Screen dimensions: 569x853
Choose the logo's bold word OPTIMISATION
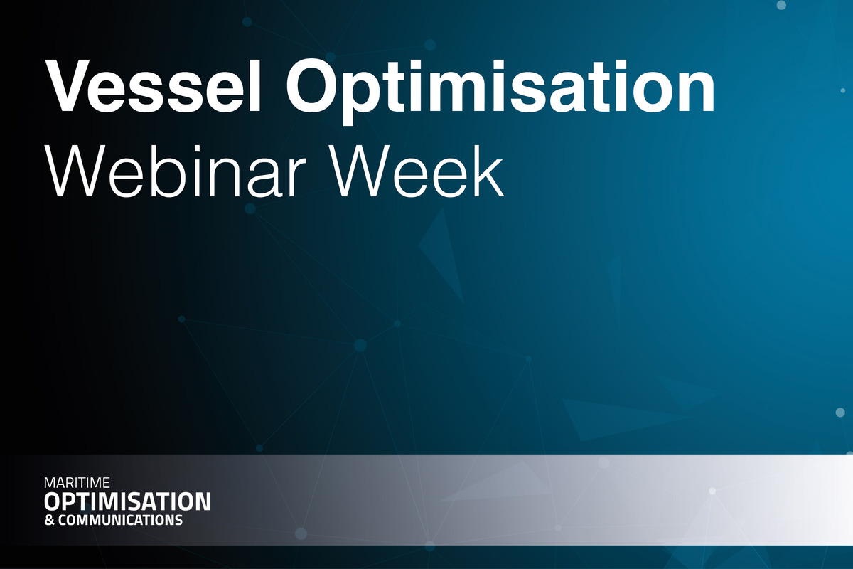(x=128, y=501)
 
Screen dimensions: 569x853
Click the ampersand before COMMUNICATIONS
(x=48, y=521)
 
